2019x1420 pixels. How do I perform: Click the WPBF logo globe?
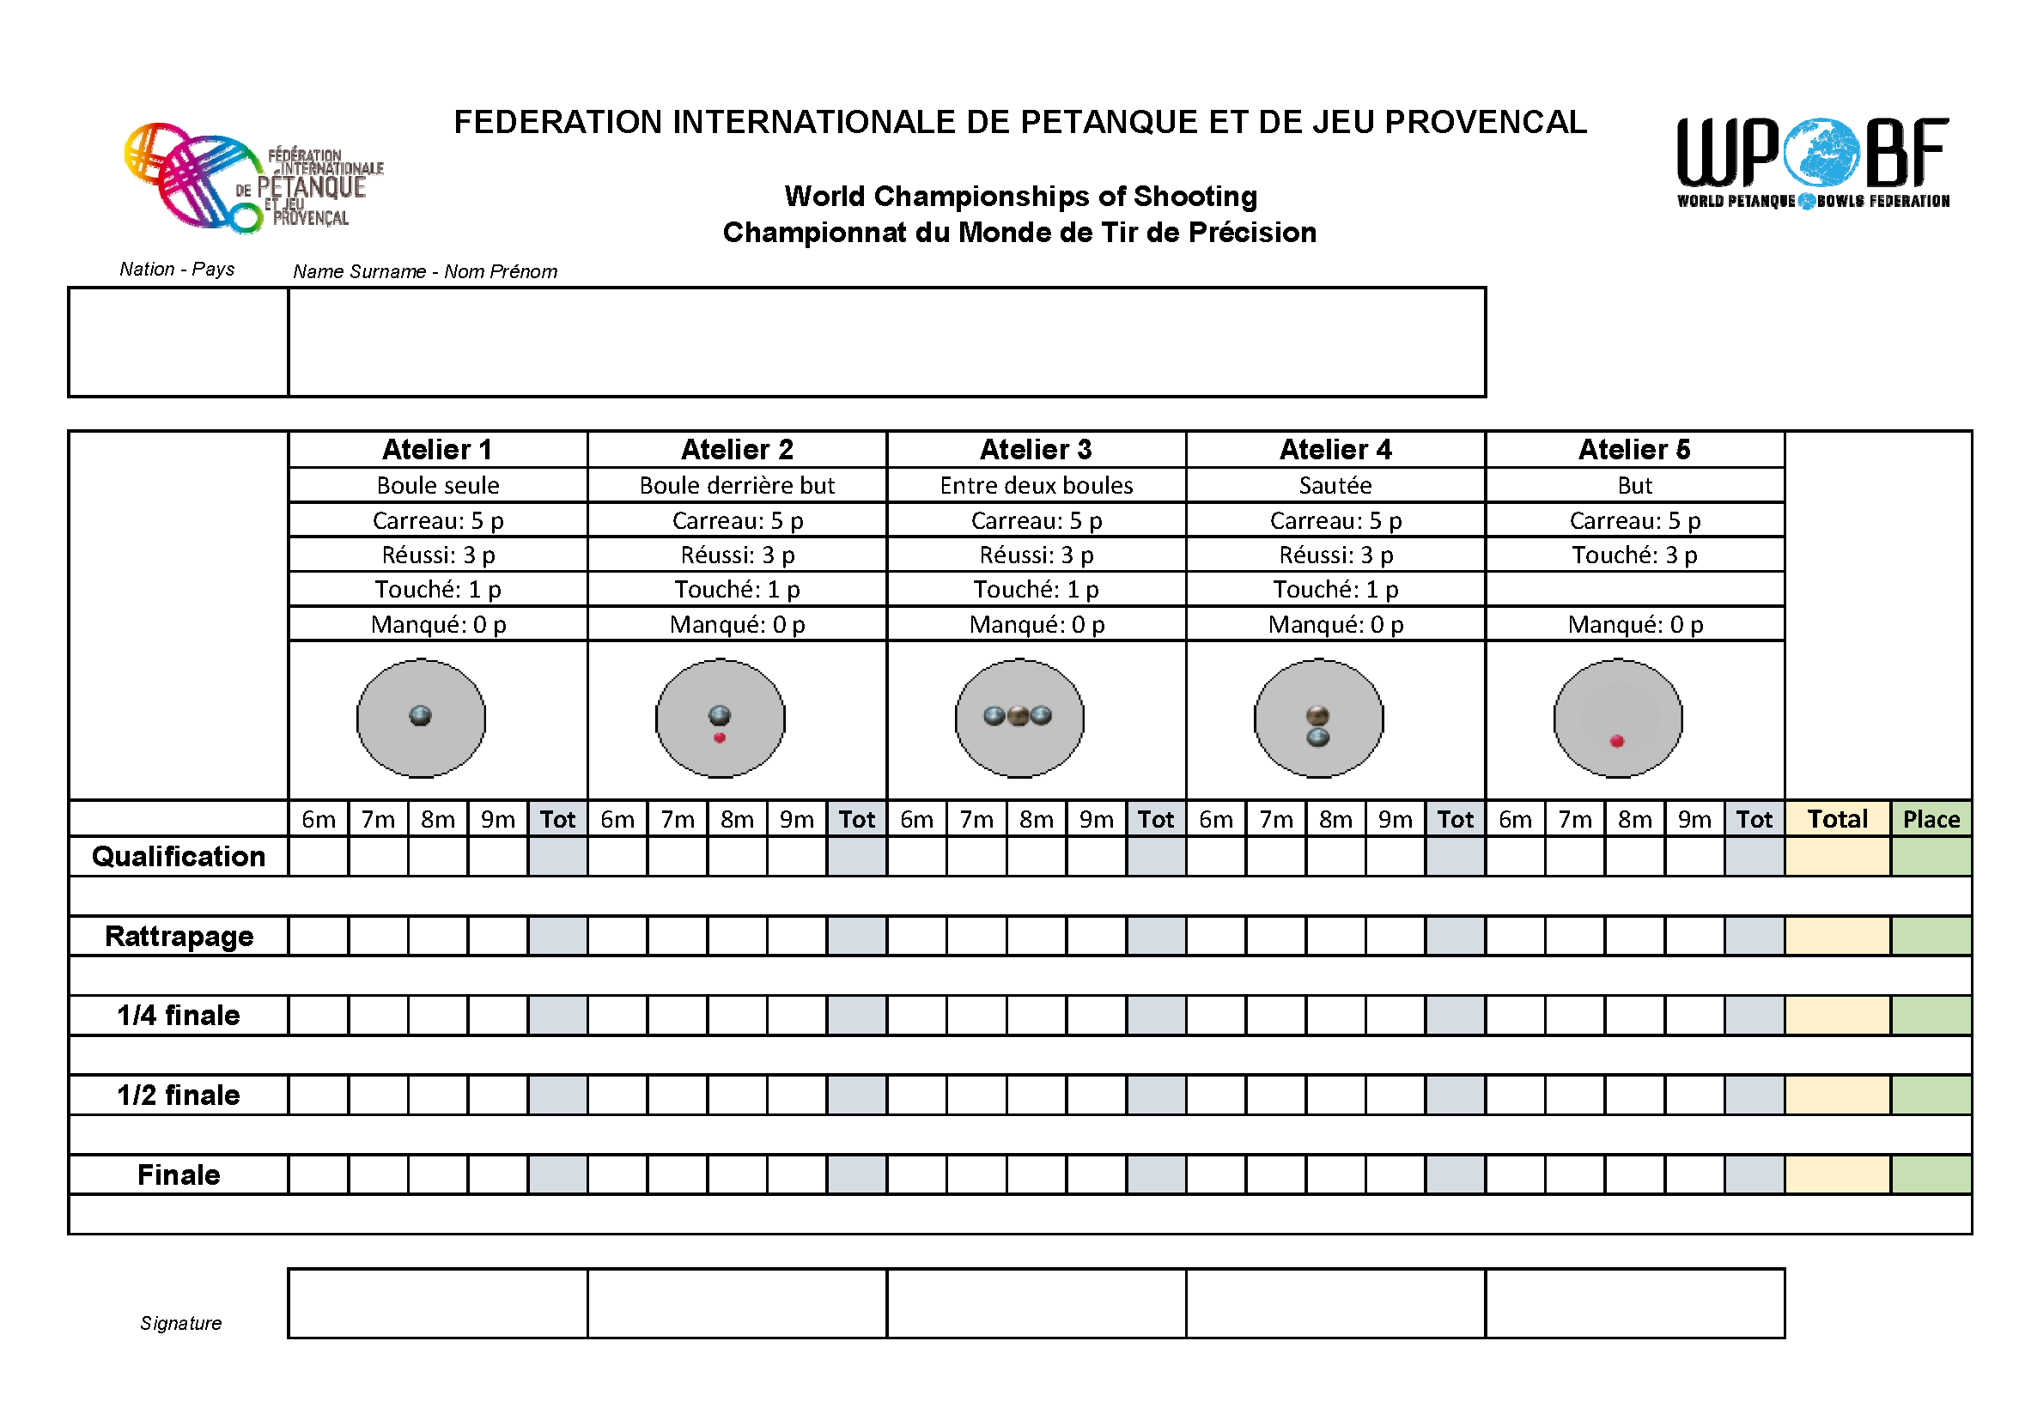[x=1820, y=153]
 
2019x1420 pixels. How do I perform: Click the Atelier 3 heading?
[x=1036, y=449]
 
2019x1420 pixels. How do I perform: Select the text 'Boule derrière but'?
[x=737, y=485]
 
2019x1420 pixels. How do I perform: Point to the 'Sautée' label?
[x=1335, y=485]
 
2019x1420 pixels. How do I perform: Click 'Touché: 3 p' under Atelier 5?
[x=1634, y=555]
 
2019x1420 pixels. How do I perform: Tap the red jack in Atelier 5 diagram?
[x=1616, y=741]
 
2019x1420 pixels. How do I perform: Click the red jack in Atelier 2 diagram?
[x=720, y=737]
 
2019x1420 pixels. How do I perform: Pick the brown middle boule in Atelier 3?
[x=1019, y=716]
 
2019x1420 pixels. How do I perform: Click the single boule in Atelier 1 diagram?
[x=420, y=716]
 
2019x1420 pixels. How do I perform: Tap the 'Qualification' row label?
[x=179, y=857]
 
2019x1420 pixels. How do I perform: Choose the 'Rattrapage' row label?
[x=179, y=936]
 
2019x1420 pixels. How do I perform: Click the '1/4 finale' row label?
[x=179, y=1016]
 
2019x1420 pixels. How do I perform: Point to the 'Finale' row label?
[x=179, y=1174]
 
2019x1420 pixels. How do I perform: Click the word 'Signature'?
[x=180, y=1323]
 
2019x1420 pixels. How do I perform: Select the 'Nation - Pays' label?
[x=177, y=269]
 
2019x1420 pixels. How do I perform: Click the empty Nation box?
[x=179, y=342]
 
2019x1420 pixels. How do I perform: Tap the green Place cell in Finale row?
[x=1931, y=1174]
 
